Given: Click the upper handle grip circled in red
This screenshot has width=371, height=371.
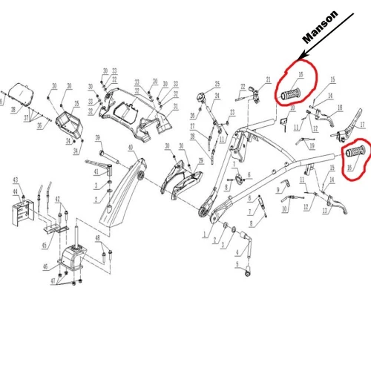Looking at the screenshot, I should click(292, 95).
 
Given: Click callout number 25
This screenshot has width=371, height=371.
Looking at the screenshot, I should click(217, 83).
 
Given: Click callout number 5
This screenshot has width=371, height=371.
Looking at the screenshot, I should click(237, 265).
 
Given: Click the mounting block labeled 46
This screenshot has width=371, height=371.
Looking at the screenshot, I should click(74, 260).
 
